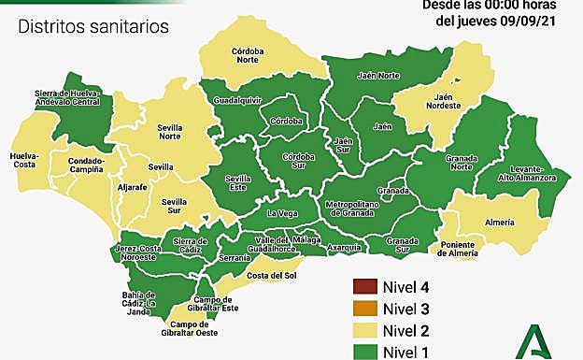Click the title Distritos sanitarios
[x=93, y=26]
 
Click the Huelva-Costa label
[x=24, y=161]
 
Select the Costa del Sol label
[x=271, y=275]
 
